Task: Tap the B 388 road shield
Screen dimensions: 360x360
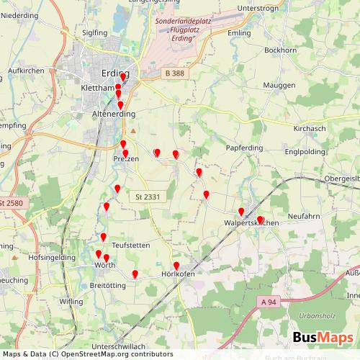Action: click(174, 73)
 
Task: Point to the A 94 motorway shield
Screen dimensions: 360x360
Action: click(269, 301)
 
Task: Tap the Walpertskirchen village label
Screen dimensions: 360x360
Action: click(251, 223)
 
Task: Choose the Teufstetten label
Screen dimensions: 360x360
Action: click(131, 246)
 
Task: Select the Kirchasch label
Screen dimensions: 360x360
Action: click(310, 127)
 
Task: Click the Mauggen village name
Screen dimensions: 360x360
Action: click(279, 85)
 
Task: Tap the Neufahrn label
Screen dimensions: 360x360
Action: click(304, 216)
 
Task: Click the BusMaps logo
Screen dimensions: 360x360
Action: click(322, 338)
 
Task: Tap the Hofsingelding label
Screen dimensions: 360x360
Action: click(51, 257)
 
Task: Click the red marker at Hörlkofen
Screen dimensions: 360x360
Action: click(176, 266)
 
